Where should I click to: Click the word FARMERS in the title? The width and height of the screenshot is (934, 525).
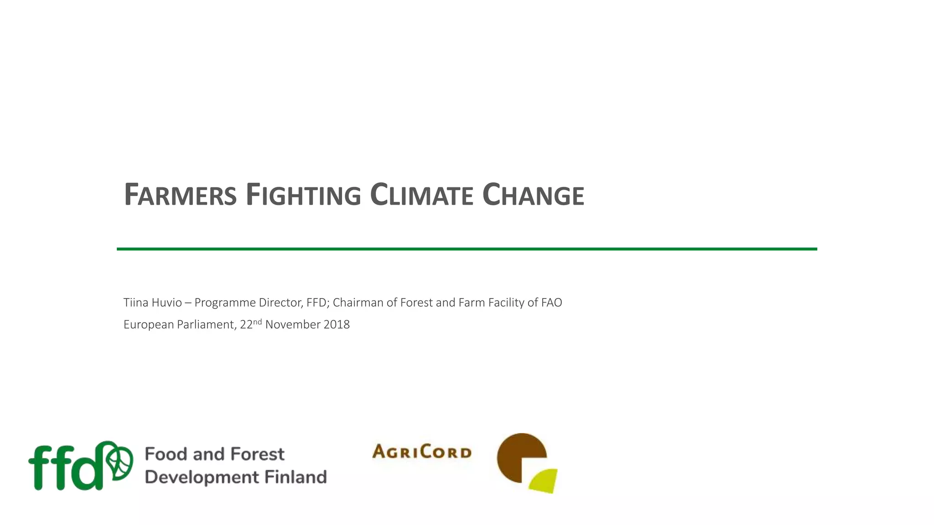click(x=180, y=195)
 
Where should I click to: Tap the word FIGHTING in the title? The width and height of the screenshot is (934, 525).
click(x=303, y=195)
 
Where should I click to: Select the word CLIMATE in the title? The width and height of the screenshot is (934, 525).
click(x=421, y=195)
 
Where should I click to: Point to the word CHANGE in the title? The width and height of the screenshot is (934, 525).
click(x=533, y=195)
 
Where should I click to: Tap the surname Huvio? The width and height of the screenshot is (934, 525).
click(x=166, y=303)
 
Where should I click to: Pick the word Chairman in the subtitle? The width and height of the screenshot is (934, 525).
click(x=358, y=303)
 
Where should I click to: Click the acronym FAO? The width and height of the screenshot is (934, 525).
click(x=551, y=303)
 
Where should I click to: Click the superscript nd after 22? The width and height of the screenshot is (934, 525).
click(x=258, y=321)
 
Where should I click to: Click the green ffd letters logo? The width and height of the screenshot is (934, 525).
click(x=66, y=467)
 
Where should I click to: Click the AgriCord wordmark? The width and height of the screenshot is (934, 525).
click(x=422, y=452)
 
